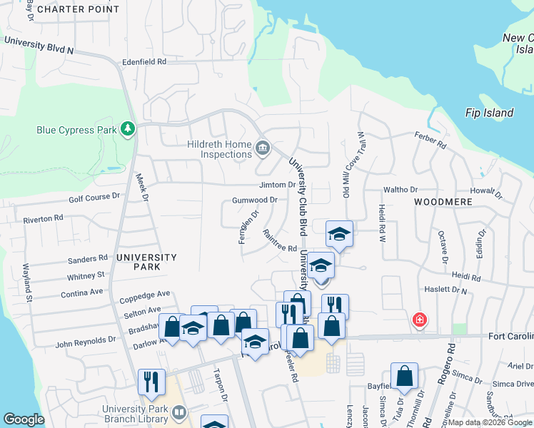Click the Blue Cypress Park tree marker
click(129, 128)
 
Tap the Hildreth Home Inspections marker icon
click(263, 148)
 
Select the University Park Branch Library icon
click(179, 413)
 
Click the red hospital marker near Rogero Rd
click(420, 319)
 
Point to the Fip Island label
click(489, 113)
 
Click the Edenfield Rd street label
click(144, 62)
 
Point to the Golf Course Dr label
click(94, 197)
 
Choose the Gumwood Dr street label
click(254, 200)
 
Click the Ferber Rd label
click(432, 140)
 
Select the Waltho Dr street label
click(400, 190)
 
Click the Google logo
click(24, 419)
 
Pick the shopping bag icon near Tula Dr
click(404, 376)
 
